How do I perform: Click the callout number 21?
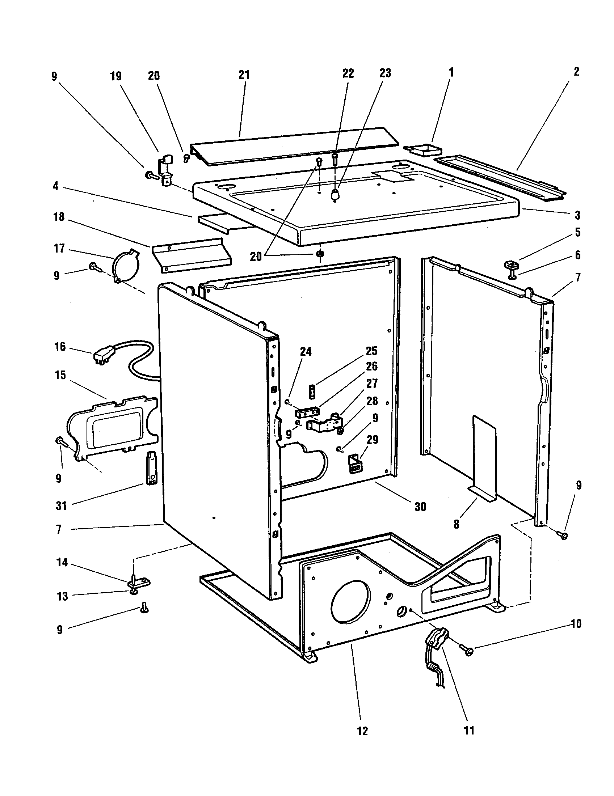pos(244,75)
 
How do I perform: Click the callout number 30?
pos(420,507)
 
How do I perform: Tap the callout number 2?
pos(576,71)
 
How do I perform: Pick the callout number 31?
pos(61,506)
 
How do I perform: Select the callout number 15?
pos(60,375)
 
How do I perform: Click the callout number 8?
pos(456,524)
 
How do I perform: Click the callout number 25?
pos(371,351)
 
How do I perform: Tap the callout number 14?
pos(62,563)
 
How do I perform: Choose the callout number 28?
pos(372,401)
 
